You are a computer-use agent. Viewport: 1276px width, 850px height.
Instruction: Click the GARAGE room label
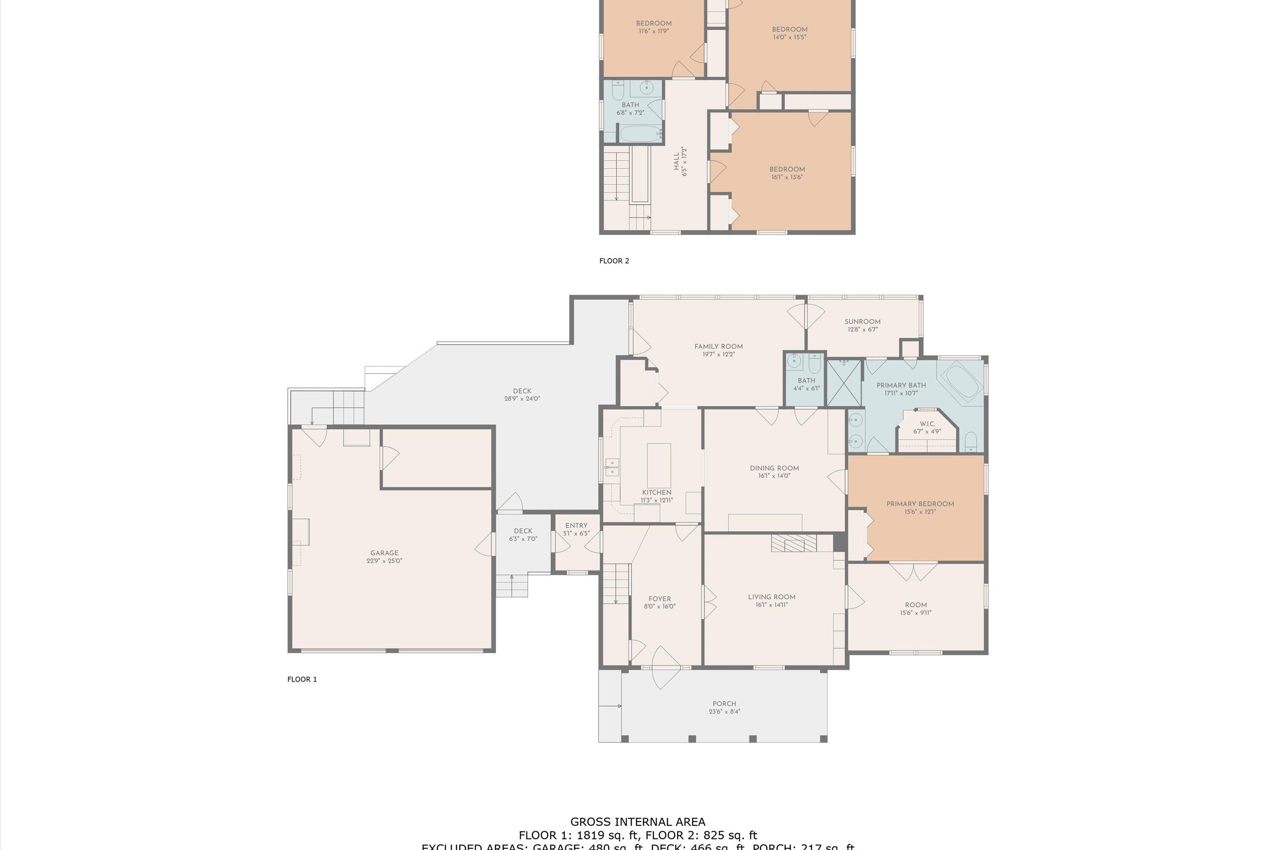pos(384,553)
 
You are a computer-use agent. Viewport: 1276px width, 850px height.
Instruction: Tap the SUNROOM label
pos(862,321)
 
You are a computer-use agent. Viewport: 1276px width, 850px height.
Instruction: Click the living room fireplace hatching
pos(793,543)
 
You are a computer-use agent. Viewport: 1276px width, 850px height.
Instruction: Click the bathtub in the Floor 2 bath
pos(641,134)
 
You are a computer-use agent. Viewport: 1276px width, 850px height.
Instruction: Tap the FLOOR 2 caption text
pos(614,261)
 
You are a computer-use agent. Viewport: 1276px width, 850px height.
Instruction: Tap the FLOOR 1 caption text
pos(302,679)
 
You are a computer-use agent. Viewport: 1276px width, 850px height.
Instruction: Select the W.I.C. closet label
pos(927,424)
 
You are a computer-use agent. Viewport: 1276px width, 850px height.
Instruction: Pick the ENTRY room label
pos(576,525)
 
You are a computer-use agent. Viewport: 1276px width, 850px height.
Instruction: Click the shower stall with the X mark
pos(843,383)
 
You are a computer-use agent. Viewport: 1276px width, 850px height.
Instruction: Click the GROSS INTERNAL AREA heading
pos(638,822)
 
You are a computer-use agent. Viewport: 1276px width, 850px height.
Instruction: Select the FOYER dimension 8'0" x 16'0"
pos(659,606)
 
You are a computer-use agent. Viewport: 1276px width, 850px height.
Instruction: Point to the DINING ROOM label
pos(774,468)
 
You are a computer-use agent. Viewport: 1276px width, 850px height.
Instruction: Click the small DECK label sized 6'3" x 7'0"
pos(523,531)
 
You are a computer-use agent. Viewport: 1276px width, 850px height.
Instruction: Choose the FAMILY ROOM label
pos(718,346)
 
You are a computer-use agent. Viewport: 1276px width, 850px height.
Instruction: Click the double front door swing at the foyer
pos(665,668)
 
